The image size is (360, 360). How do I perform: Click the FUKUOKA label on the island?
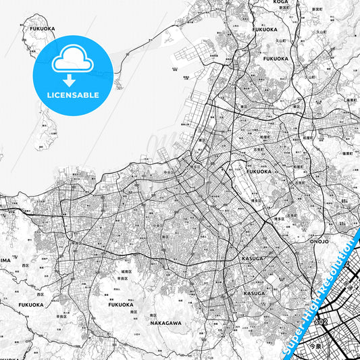pyautogui.click(x=41, y=29)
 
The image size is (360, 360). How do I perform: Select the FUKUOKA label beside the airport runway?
pyautogui.click(x=258, y=172)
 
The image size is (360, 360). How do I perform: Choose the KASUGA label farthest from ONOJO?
pyautogui.click(x=254, y=293)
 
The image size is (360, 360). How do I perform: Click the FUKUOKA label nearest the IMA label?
pyautogui.click(x=27, y=305)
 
